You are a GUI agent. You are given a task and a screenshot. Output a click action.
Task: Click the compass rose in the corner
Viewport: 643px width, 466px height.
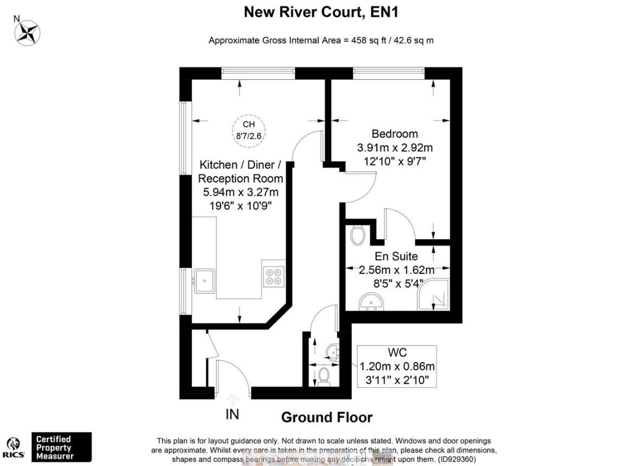click(28, 32)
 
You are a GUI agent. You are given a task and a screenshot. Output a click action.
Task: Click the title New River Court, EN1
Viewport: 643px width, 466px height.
click(321, 12)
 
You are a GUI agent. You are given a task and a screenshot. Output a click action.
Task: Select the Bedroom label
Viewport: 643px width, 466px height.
click(394, 134)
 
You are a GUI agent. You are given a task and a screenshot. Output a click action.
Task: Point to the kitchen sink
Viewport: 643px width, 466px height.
click(204, 281)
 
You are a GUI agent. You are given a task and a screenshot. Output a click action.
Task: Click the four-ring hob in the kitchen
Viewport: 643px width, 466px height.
click(274, 276)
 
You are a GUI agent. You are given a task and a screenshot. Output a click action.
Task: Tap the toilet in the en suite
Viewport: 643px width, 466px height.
click(357, 235)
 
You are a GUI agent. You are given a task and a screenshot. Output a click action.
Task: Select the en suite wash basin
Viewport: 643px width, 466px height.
click(371, 300)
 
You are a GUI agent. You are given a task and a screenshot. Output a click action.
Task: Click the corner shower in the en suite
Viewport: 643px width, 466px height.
click(433, 295)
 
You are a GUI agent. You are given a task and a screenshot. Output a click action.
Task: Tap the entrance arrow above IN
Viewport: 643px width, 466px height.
click(233, 399)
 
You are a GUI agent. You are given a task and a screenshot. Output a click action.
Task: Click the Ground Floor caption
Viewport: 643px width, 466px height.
click(326, 417)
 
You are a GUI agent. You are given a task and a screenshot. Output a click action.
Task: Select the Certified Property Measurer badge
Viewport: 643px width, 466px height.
click(61, 447)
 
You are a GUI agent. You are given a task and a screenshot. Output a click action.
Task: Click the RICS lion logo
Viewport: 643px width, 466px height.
click(14, 443)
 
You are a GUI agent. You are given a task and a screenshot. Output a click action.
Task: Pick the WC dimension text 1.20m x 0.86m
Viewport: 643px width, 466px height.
click(397, 367)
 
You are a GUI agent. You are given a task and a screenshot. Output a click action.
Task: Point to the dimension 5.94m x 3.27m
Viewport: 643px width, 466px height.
click(241, 192)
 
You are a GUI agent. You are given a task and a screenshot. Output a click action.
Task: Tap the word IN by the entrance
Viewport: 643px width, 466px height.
click(232, 414)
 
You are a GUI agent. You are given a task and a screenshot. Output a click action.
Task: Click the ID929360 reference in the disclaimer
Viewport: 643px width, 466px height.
click(456, 459)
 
